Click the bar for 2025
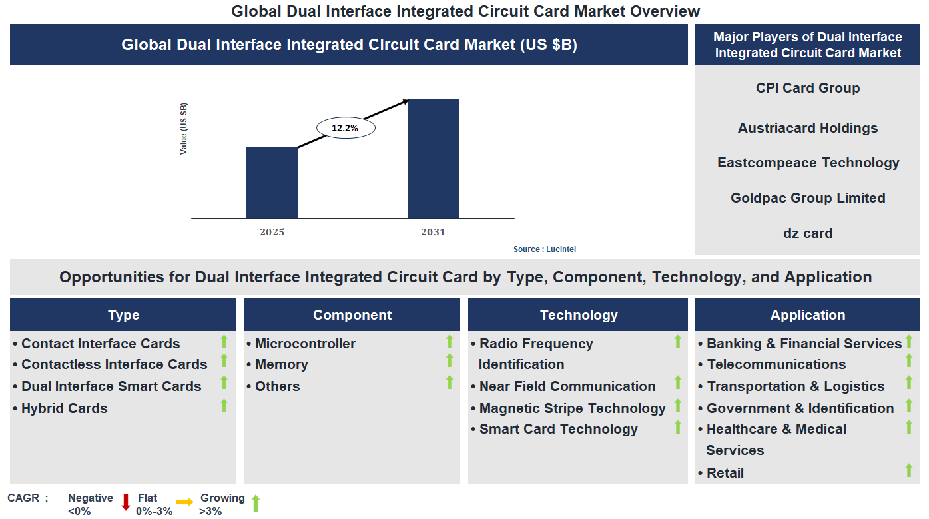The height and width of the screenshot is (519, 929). pos(272,182)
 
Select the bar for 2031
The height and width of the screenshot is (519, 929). pos(433,158)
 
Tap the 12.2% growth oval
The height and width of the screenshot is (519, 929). pos(345,128)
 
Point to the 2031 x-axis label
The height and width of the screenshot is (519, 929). pos(433,232)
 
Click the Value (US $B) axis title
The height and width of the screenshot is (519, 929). pos(184,129)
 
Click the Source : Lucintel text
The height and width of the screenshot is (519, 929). pos(544,249)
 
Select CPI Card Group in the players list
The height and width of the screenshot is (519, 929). pos(807,88)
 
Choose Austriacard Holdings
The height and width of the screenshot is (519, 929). pos(807,128)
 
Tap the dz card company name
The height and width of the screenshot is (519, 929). pos(807,233)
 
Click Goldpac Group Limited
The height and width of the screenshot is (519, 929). pos(807,198)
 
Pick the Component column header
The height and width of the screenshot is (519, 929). pos(352,315)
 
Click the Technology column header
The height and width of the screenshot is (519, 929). pos(578,315)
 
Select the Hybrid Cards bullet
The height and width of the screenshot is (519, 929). pos(64,408)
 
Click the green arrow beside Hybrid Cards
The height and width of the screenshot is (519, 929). pos(224,405)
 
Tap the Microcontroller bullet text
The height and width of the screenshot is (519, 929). pos(305,344)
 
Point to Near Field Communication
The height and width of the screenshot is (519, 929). pos(567,386)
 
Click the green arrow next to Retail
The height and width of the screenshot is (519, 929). pos(908,470)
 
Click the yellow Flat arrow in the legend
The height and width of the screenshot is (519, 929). pos(184,502)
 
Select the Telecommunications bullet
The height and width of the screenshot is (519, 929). pos(776,364)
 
